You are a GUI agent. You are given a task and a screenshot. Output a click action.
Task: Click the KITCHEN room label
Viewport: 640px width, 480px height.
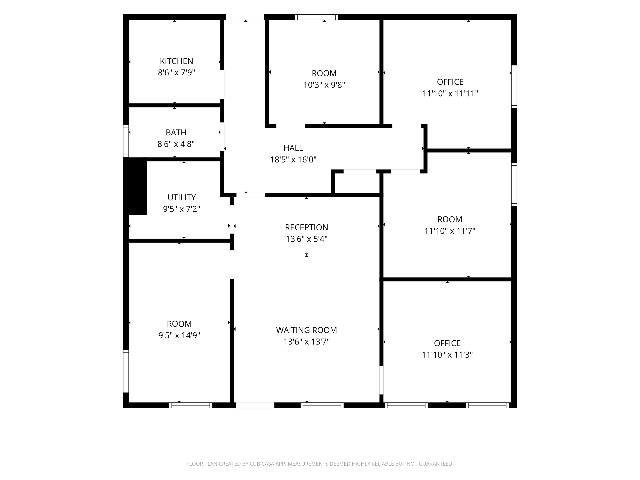coord(176,61)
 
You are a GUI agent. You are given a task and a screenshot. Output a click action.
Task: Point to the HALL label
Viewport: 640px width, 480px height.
coord(293,148)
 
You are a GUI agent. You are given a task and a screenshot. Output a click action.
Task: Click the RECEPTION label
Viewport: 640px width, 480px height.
coord(307,227)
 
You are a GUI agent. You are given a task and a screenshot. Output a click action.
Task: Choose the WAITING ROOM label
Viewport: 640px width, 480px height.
coord(307,330)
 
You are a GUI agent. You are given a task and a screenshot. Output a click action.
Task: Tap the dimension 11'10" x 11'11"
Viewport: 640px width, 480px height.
coord(450,94)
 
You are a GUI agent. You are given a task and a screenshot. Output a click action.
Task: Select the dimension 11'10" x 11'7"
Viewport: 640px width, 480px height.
coord(450,231)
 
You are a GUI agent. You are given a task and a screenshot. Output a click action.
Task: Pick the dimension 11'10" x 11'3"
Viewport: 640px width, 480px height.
coord(447,355)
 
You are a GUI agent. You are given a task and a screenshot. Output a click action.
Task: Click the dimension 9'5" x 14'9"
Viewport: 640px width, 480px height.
coord(179,335)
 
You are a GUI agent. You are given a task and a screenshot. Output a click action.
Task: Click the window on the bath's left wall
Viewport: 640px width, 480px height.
coord(126,141)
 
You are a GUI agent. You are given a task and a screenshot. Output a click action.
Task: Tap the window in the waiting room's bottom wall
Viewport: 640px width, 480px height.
coord(322,405)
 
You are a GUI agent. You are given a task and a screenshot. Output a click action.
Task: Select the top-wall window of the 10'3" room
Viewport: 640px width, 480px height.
coord(316,17)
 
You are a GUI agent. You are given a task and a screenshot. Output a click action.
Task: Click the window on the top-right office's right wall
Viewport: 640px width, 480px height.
coord(514,87)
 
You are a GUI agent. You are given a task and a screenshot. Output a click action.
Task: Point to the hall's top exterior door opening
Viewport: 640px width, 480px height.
coord(245,17)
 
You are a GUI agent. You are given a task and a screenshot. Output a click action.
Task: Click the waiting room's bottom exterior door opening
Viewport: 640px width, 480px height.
coord(255,405)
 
